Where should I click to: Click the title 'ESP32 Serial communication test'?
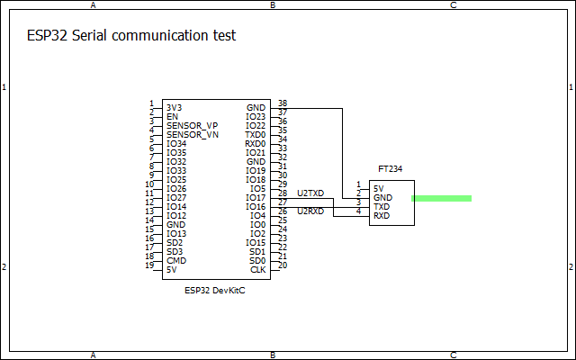[x=131, y=36]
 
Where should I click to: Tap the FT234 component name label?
[x=390, y=169]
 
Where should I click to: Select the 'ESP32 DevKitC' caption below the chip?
[x=214, y=291]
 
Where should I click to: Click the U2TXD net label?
[x=310, y=193]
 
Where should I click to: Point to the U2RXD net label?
[x=310, y=211]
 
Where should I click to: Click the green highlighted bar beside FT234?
[x=441, y=198]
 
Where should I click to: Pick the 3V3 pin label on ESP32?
[x=174, y=108]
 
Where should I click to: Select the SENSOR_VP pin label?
[x=192, y=126]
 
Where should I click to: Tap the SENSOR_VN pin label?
[x=193, y=135]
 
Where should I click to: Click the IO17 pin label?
[x=256, y=198]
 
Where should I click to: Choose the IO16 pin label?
[x=256, y=207]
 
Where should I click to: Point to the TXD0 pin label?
[x=255, y=135]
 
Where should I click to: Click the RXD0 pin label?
[x=255, y=144]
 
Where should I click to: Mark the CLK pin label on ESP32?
[x=258, y=270]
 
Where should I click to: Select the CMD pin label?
[x=176, y=261]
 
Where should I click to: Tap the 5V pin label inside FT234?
[x=378, y=189]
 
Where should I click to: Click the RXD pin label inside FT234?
[x=382, y=216]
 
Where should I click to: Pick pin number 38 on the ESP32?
[x=283, y=103]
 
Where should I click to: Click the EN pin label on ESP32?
[x=172, y=117]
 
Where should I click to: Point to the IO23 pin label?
[x=256, y=117]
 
